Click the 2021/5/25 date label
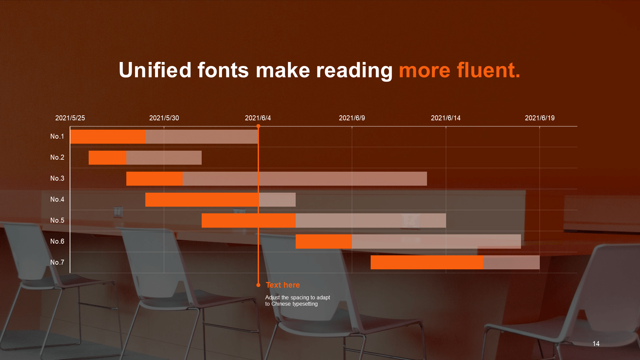point(70,118)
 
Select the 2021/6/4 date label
point(258,118)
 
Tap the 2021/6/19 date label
point(540,118)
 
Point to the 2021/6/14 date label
point(446,118)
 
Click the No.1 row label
point(57,136)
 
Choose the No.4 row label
point(57,199)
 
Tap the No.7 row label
point(57,262)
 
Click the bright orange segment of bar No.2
point(107,158)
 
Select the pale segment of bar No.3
point(305,179)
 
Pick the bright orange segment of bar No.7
point(427,262)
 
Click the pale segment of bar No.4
point(277,200)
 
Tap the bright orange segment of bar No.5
point(249,221)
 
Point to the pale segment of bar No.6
point(436,241)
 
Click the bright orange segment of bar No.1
point(108,137)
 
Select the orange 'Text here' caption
point(283,285)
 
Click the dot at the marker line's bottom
point(258,285)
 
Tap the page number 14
point(596,344)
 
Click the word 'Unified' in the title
point(155,70)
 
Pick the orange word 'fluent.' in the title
point(488,70)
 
